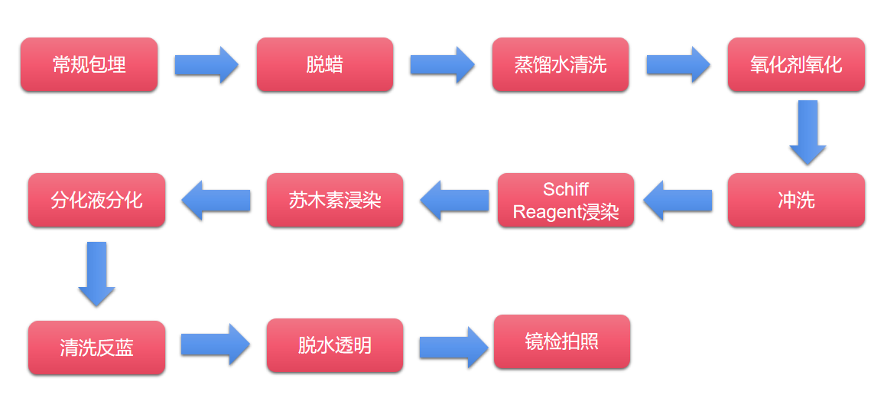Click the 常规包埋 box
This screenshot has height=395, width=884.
pyautogui.click(x=89, y=65)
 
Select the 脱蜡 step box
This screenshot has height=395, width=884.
pyautogui.click(x=324, y=65)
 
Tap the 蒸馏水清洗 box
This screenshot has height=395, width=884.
pyautogui.click(x=560, y=65)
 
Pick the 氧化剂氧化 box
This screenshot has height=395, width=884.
pyautogui.click(x=796, y=65)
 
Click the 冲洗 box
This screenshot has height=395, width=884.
pyautogui.click(x=796, y=201)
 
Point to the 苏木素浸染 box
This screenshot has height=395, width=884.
pyautogui.click(x=335, y=201)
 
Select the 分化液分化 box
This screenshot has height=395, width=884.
pyautogui.click(x=96, y=201)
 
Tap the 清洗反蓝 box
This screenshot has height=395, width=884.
pyautogui.click(x=96, y=348)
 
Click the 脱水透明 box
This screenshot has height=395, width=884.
pyautogui.click(x=335, y=345)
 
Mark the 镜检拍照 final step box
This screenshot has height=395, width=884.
pyautogui.click(x=561, y=341)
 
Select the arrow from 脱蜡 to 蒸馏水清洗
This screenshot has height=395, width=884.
pyautogui.click(x=442, y=65)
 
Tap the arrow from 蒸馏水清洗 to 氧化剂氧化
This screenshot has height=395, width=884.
pyautogui.click(x=678, y=65)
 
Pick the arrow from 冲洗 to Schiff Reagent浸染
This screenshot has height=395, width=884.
pyautogui.click(x=678, y=201)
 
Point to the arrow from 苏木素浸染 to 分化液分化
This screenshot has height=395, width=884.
pyautogui.click(x=216, y=201)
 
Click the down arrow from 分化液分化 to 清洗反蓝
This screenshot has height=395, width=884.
pyautogui.click(x=96, y=273)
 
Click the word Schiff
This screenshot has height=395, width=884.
pyautogui.click(x=566, y=189)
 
